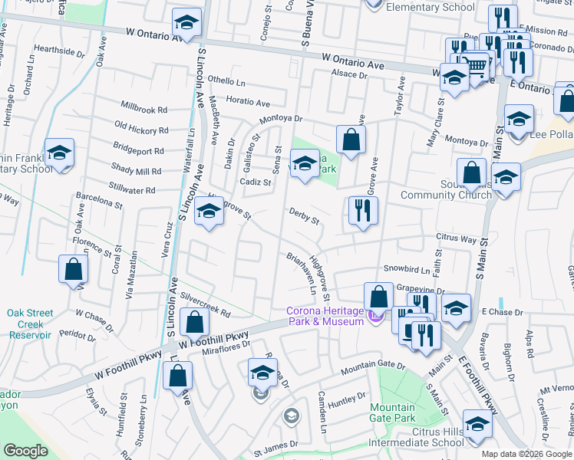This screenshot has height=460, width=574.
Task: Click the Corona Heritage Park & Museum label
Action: tap(325, 316)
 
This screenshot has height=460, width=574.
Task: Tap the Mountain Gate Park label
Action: tap(392, 412)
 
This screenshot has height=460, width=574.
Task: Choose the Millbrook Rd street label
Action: tap(143, 110)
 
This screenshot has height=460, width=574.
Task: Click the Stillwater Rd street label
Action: tap(132, 189)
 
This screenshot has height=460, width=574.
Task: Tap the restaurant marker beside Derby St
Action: tap(363, 210)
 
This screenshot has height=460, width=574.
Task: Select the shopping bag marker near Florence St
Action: tap(73, 268)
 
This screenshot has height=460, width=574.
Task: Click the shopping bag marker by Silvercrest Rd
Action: tap(195, 321)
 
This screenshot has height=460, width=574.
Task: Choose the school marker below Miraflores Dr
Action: tap(262, 373)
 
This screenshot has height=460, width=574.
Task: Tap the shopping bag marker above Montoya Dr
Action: tap(351, 140)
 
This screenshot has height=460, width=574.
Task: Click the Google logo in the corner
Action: tap(25, 451)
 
